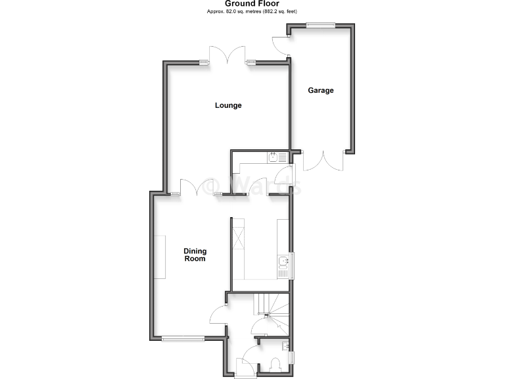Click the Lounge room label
228,105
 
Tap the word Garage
321,90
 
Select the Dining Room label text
195,255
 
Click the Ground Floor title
252,4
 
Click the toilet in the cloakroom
276,365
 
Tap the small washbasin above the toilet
285,346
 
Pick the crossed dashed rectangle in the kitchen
238,241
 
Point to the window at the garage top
320,25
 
